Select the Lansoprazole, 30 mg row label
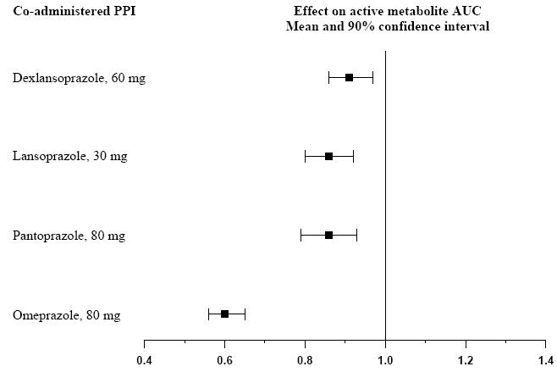point(70,157)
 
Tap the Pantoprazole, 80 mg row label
point(69,236)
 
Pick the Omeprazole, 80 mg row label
point(66,315)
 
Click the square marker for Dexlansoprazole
point(349,78)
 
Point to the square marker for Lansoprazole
point(328,156)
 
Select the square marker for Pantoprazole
point(328,235)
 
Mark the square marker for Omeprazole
point(224,314)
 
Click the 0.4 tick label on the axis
point(144,359)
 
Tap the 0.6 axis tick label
point(224,359)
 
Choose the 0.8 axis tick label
point(305,359)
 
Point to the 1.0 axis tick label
point(385,359)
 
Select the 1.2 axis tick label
point(465,359)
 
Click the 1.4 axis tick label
point(544,359)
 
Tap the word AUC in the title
point(470,11)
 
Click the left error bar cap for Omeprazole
point(208,314)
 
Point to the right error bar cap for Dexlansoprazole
point(372,78)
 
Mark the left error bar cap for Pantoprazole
point(301,235)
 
